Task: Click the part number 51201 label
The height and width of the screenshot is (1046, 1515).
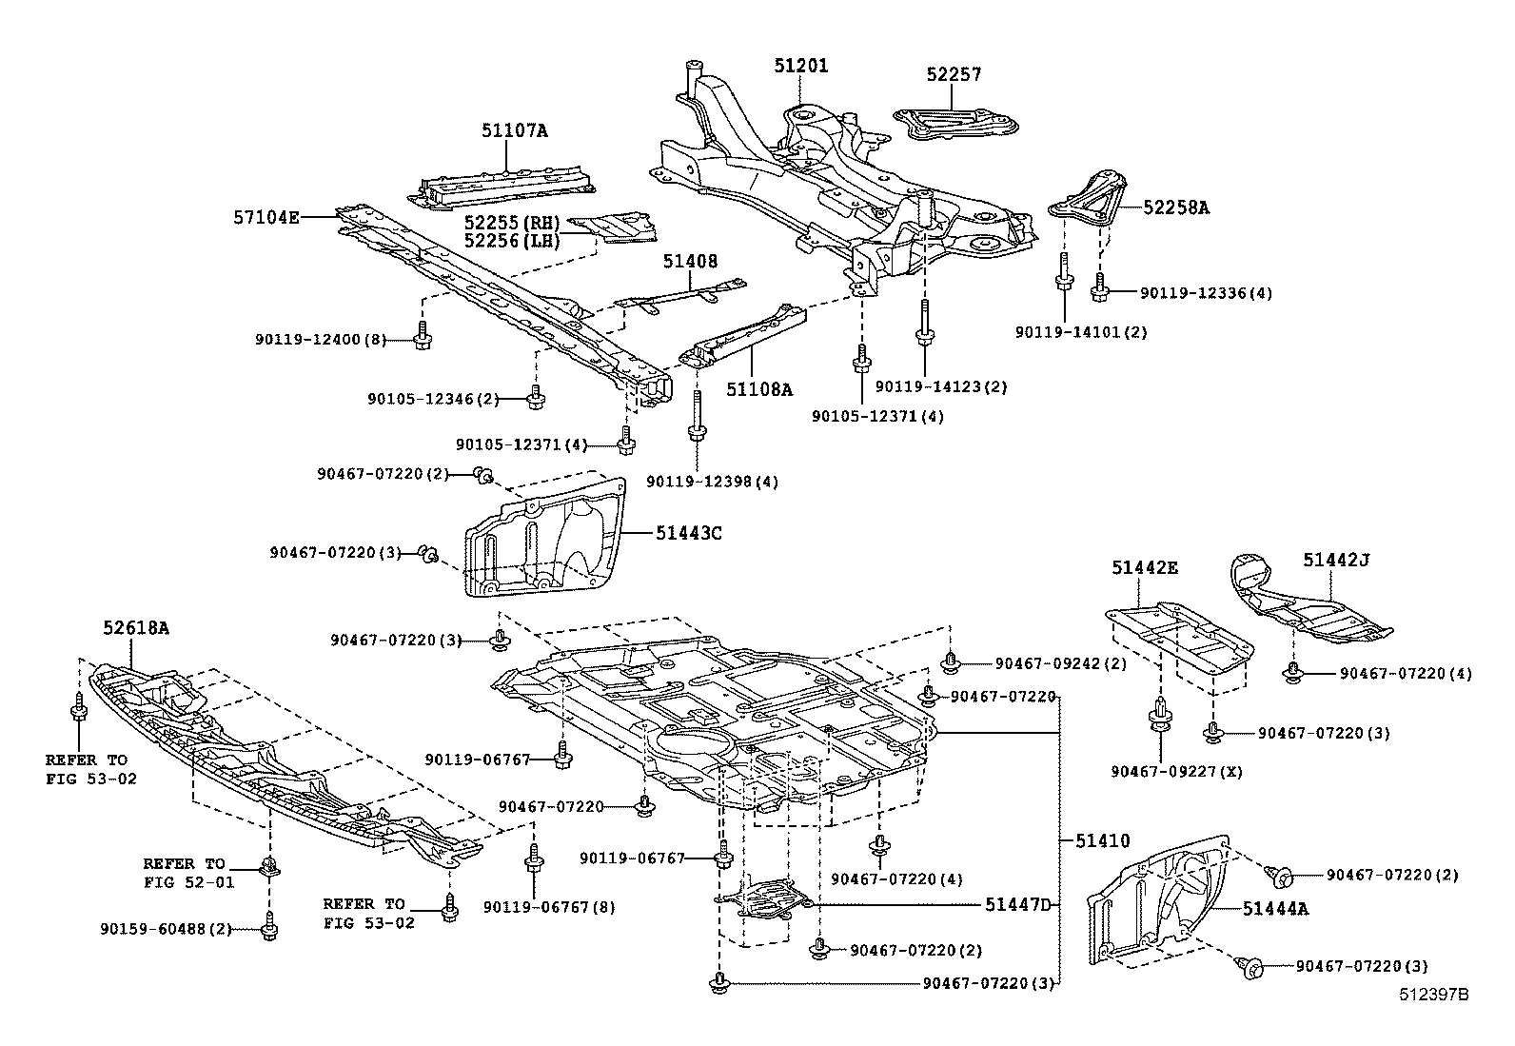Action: pyautogui.click(x=800, y=66)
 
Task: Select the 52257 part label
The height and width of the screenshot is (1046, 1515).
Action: pyautogui.click(x=954, y=74)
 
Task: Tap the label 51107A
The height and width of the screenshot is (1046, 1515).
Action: pyautogui.click(x=514, y=131)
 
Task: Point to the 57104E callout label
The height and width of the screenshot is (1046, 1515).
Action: pyautogui.click(x=266, y=217)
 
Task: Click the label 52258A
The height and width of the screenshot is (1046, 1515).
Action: pyautogui.click(x=1175, y=207)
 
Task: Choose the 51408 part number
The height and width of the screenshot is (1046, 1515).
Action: pyautogui.click(x=690, y=261)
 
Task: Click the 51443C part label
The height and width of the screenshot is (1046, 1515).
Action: pyautogui.click(x=688, y=533)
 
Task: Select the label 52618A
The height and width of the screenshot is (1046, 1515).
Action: pyautogui.click(x=136, y=628)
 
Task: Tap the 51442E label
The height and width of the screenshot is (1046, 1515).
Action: pyautogui.click(x=1144, y=568)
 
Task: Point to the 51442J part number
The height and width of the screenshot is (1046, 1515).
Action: pyautogui.click(x=1335, y=561)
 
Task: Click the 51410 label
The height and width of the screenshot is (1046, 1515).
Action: pyautogui.click(x=1102, y=840)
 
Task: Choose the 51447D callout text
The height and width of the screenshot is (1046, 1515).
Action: pyautogui.click(x=1017, y=904)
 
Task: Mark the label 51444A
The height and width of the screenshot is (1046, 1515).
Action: pyautogui.click(x=1275, y=909)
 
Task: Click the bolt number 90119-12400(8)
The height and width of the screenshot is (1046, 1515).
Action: pyautogui.click(x=321, y=340)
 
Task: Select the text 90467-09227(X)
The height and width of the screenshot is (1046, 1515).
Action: pyautogui.click(x=1175, y=771)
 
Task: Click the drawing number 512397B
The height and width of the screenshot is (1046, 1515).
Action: pyautogui.click(x=1433, y=995)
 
